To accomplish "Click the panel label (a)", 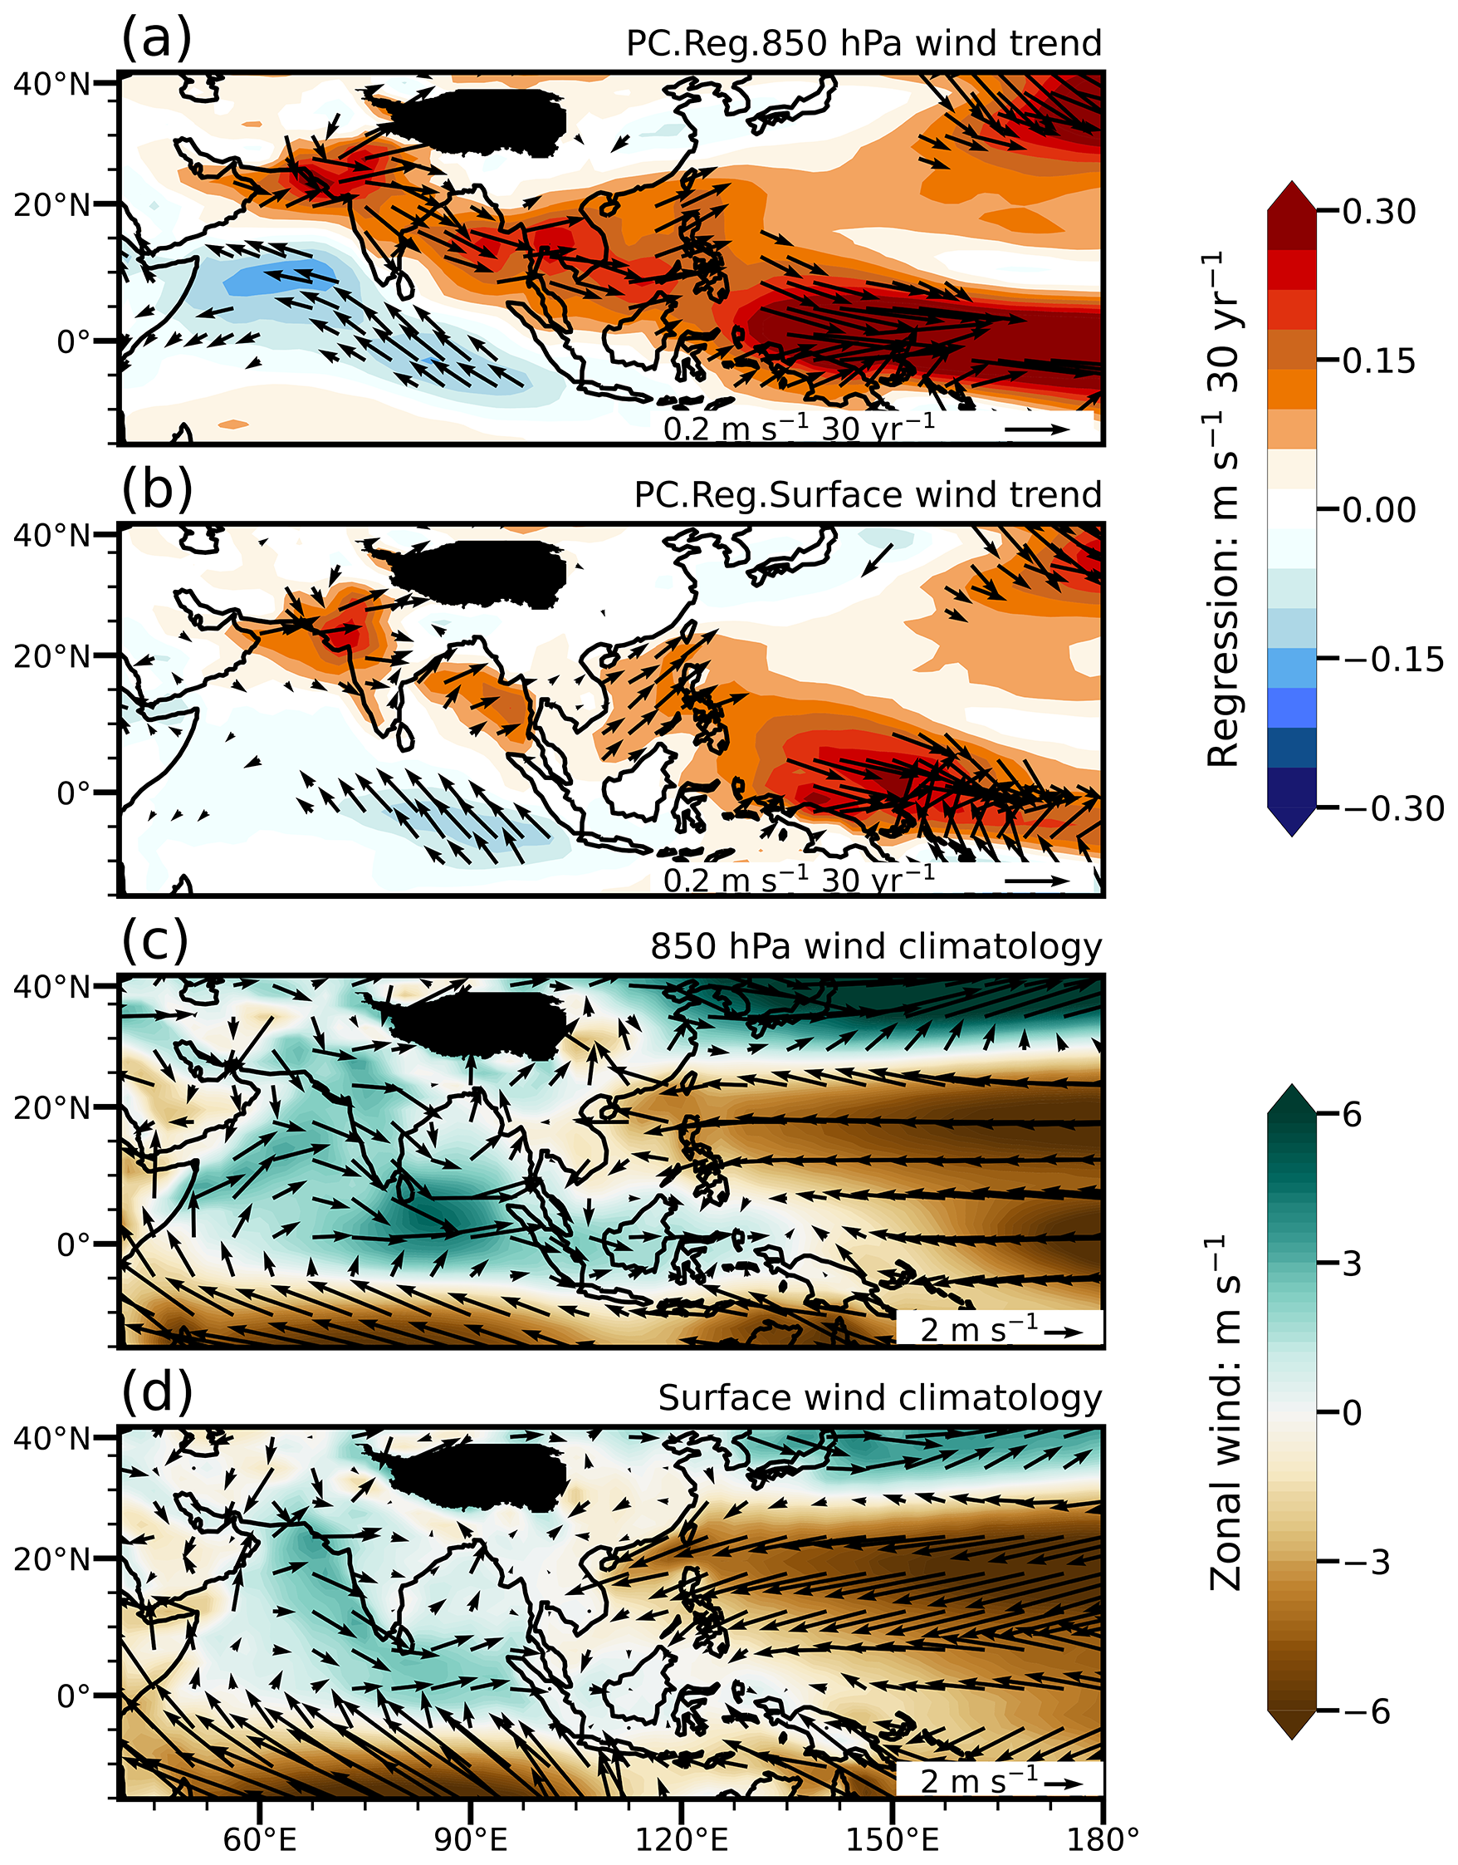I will (156, 39).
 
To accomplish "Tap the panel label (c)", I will (154, 941).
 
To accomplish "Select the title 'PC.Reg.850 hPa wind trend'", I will (863, 43).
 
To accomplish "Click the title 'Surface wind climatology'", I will (879, 1398).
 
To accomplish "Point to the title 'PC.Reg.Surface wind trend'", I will (868, 495).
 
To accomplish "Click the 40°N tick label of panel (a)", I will (51, 84).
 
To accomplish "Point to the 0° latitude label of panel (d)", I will (73, 1695).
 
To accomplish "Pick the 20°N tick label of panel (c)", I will (51, 1107).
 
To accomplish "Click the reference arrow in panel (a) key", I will (1036, 429).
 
